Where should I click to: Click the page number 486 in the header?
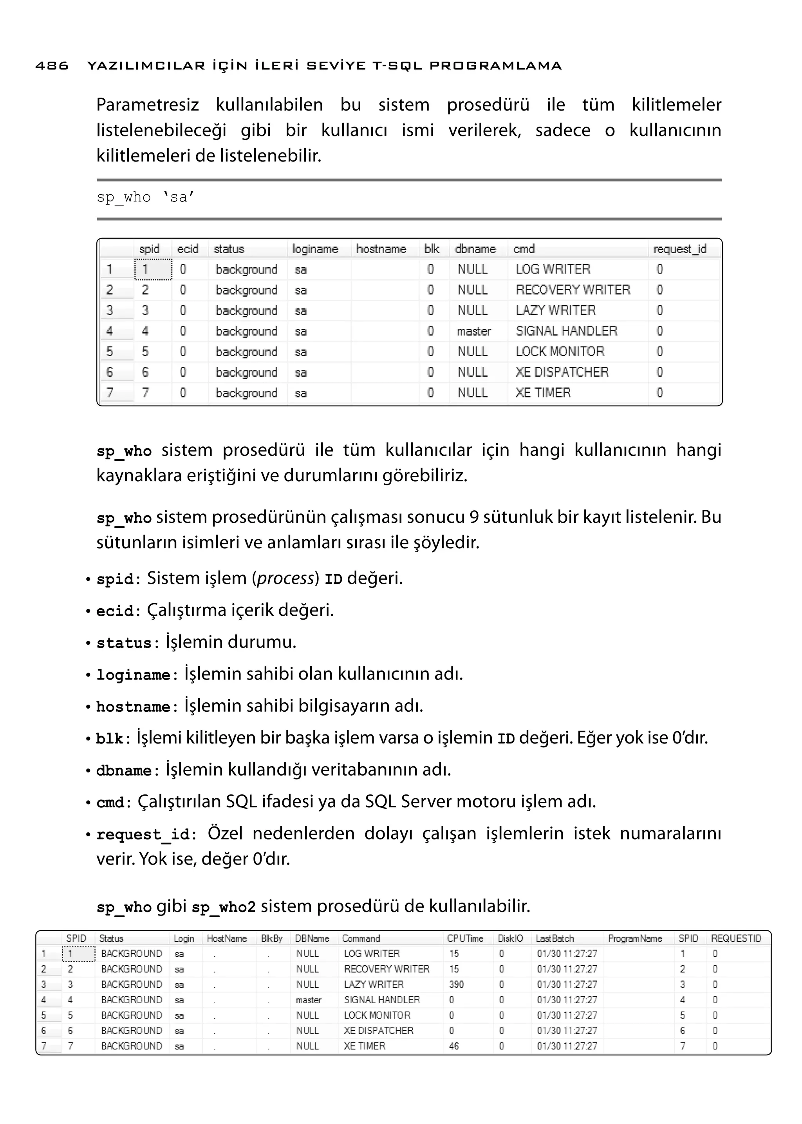coord(52,66)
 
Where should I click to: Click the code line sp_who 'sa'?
coord(146,197)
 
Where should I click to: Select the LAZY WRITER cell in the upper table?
coord(556,310)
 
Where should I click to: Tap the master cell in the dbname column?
coord(473,331)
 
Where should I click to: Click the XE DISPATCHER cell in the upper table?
coord(562,372)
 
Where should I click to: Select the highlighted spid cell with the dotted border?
coord(153,269)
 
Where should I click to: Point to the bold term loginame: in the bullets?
coord(136,675)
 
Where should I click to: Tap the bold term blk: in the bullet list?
coord(113,738)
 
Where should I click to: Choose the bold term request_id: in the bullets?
coord(146,834)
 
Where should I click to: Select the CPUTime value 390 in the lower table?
coord(456,984)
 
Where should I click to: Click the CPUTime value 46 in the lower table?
coord(454,1046)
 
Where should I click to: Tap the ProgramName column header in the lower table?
coord(634,938)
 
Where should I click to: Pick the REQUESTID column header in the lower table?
coord(736,938)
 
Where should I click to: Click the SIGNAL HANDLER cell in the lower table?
coord(382,999)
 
